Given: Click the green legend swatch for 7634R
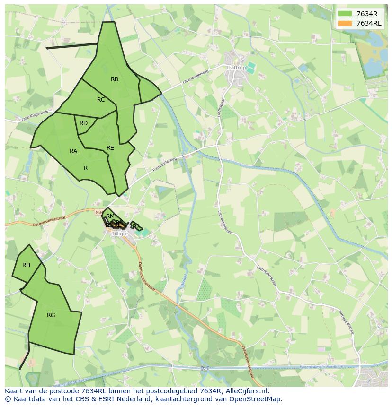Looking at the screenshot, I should tap(345, 14).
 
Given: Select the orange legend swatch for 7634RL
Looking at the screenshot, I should tap(345, 23).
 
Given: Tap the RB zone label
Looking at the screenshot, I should tap(115, 79).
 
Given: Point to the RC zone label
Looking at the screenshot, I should tap(101, 100).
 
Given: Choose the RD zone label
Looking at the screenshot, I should tap(83, 123).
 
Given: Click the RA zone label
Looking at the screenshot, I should tap(73, 151).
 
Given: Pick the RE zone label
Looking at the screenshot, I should tap(110, 148).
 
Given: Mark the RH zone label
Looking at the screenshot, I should tap(26, 265).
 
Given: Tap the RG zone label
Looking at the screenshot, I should tap(51, 315).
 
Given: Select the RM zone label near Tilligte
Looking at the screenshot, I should tap(110, 216).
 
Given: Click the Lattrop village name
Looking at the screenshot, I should tap(237, 68).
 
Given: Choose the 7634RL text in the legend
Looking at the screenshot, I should tap(369, 23).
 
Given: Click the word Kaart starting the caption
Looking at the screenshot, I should tap(15, 391).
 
